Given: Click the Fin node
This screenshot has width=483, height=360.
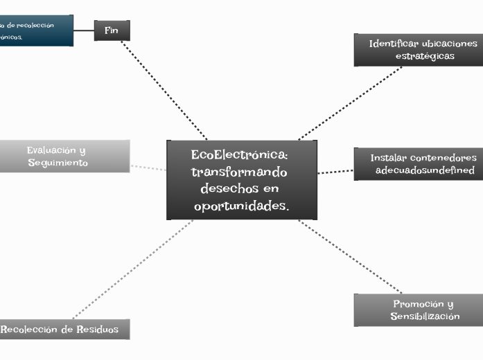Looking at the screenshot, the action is [112, 30].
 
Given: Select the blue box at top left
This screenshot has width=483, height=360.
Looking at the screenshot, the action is [36, 30].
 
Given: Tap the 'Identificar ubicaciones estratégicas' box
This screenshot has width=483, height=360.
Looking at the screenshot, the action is [418, 50].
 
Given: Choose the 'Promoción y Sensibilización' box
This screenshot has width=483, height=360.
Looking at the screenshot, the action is [418, 310].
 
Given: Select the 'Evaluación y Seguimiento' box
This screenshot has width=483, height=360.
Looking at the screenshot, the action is [64, 156].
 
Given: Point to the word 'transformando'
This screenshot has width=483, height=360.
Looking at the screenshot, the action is [239, 171].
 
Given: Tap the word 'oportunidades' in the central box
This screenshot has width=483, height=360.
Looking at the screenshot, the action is [240, 206].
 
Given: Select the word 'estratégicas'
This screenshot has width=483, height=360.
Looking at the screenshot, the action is [425, 56].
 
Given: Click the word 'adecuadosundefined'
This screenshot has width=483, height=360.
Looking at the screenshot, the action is [425, 170].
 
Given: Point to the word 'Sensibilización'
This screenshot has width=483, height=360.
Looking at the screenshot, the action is [425, 316].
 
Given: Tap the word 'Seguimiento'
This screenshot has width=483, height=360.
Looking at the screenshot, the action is [58, 163].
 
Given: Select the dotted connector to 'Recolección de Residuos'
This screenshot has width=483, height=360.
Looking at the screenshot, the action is [132, 269].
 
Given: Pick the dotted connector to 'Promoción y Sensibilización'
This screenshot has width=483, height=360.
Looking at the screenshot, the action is [350, 257].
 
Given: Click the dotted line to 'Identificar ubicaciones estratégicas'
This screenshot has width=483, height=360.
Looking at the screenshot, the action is [350, 103].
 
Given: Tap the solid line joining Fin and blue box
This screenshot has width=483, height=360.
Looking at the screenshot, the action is [84, 30].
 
